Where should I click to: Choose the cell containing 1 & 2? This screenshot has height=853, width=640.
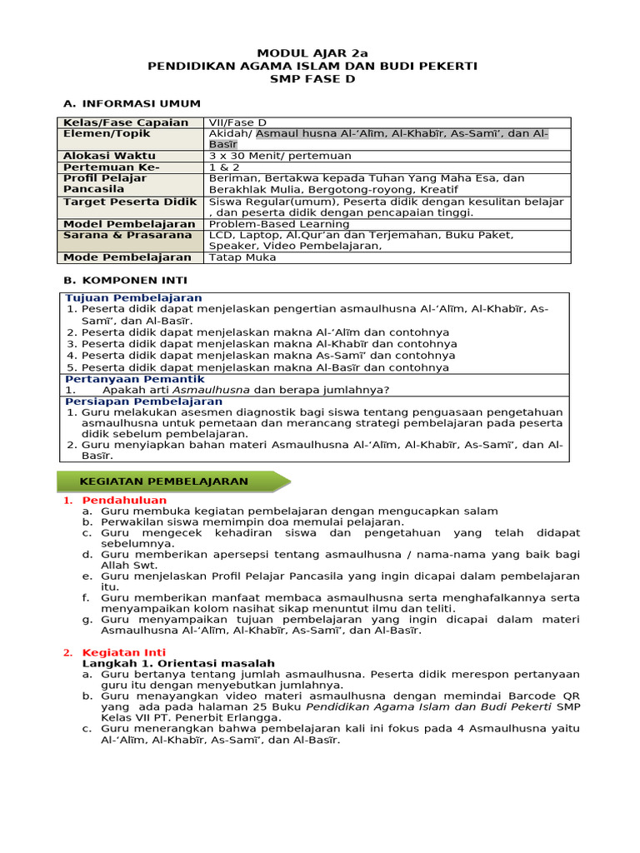click(222, 167)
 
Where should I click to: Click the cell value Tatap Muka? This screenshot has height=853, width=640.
click(242, 257)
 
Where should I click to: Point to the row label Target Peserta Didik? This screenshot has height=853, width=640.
click(130, 202)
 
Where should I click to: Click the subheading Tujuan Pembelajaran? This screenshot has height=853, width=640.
click(133, 298)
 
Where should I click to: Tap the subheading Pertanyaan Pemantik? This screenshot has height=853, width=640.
click(134, 379)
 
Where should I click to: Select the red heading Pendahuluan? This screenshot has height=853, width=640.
click(124, 500)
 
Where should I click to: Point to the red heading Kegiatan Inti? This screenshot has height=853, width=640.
click(123, 652)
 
